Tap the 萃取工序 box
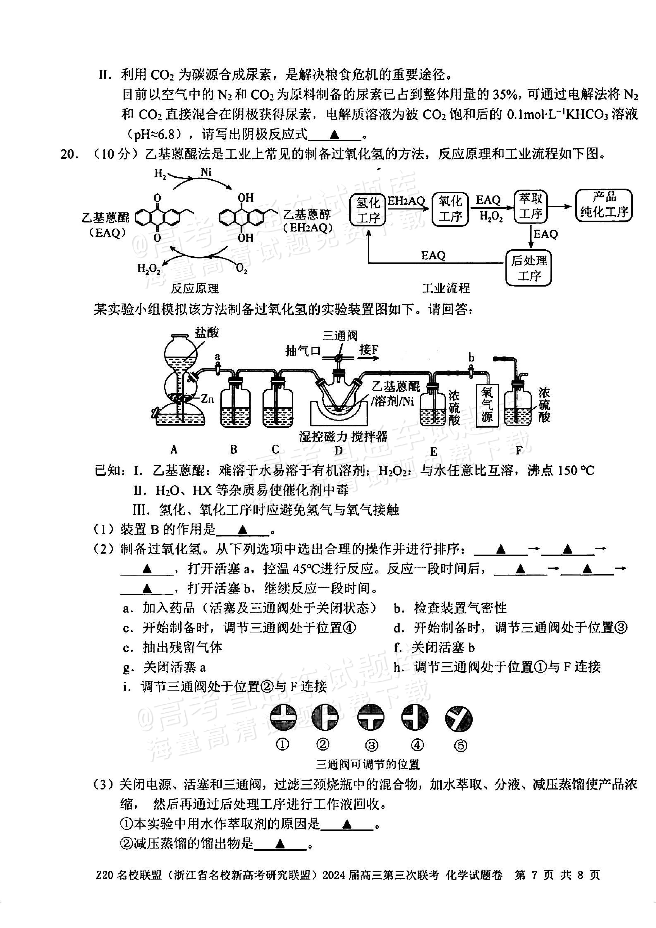[530, 207]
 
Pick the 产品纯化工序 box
[604, 205]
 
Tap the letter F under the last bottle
[519, 450]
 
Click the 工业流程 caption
[446, 288]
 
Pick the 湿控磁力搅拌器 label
[343, 436]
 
